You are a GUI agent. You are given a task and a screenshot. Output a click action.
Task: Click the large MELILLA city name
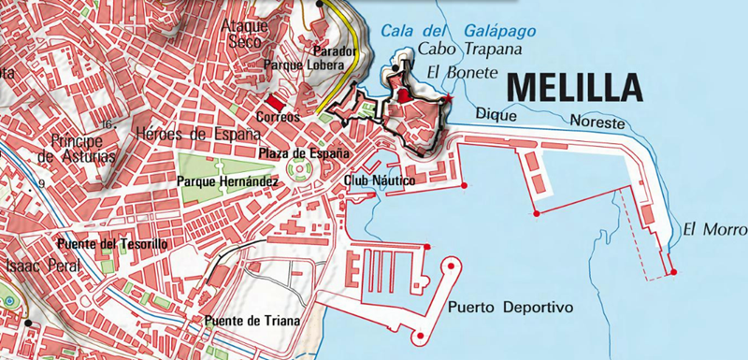point(573,87)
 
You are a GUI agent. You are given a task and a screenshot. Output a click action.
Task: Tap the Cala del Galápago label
point(458,31)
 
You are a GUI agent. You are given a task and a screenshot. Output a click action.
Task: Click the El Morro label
point(714,228)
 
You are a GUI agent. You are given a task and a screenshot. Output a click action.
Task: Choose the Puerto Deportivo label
point(509,308)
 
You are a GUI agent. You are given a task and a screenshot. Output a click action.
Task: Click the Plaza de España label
point(304,152)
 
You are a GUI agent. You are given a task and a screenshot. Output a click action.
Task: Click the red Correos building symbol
point(273,101)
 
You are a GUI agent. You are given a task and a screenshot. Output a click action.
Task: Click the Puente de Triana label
point(252,322)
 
